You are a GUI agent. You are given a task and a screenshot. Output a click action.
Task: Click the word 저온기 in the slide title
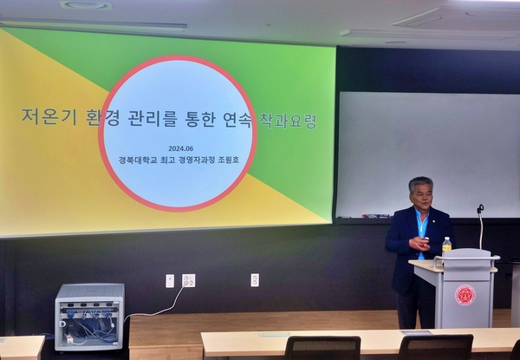(49, 117)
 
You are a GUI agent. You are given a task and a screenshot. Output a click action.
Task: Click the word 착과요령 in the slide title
(288, 121)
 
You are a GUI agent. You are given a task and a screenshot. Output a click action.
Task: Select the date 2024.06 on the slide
(181, 148)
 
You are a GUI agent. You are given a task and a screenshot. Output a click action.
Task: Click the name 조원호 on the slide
(228, 160)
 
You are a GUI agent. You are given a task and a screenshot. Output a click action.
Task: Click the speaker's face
(422, 196)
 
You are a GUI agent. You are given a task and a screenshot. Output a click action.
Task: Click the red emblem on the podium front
(465, 295)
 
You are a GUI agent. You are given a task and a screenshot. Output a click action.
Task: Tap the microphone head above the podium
(480, 209)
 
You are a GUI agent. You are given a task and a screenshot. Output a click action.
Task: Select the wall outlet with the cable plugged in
(188, 280)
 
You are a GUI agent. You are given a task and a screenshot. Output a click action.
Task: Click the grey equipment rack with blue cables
(89, 317)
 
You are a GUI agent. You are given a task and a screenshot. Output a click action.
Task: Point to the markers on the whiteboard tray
(376, 216)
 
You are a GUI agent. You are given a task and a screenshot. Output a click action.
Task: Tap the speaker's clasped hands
(419, 244)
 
